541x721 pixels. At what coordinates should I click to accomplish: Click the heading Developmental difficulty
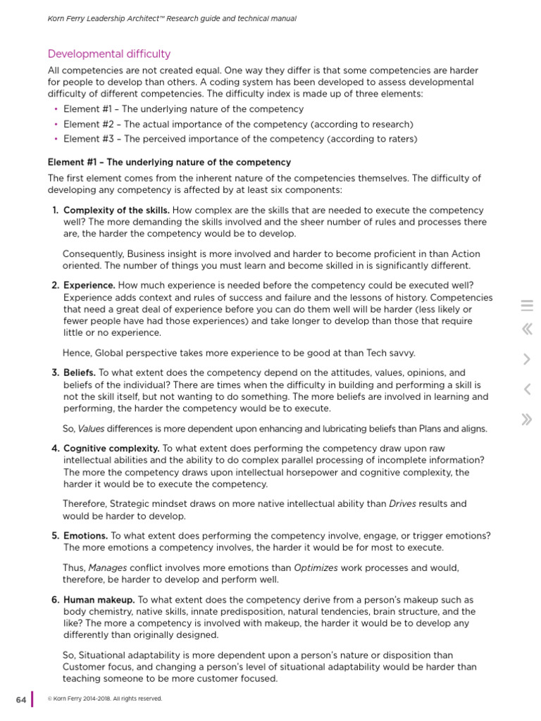pos(108,54)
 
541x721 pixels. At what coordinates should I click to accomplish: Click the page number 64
pos(20,699)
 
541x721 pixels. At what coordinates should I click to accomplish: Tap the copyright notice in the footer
pos(104,698)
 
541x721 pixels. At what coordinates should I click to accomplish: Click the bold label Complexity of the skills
pos(116,211)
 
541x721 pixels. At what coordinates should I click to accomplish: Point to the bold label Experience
pos(89,285)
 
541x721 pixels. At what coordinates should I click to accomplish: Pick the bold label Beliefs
pos(80,372)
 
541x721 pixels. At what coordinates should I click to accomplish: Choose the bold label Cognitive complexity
pos(111,449)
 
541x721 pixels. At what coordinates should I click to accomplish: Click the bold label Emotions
pos(86,536)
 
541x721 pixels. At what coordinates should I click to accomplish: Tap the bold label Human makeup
pos(99,600)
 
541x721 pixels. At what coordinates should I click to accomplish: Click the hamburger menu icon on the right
pos(527,306)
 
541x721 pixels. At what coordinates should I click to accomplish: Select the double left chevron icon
pos(527,329)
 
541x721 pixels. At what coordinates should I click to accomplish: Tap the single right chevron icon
pos(527,359)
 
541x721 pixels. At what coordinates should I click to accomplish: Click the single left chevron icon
pos(527,389)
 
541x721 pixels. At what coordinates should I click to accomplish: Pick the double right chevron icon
pos(527,420)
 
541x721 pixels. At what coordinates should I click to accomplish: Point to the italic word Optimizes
pos(315,568)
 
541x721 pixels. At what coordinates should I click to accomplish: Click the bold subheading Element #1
pos(169,162)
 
